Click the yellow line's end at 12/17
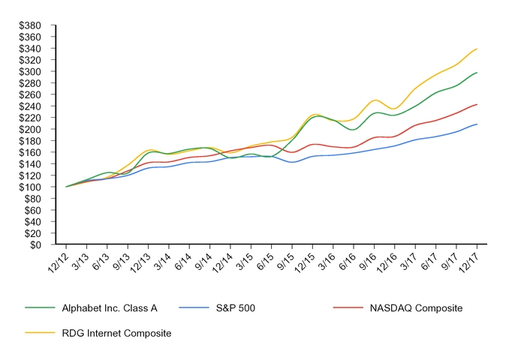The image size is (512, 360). click(x=477, y=49)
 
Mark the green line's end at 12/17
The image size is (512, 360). click(x=477, y=73)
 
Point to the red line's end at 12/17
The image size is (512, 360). click(x=477, y=104)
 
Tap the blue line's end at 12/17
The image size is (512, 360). click(x=477, y=124)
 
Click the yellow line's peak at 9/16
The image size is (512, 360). click(x=375, y=100)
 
